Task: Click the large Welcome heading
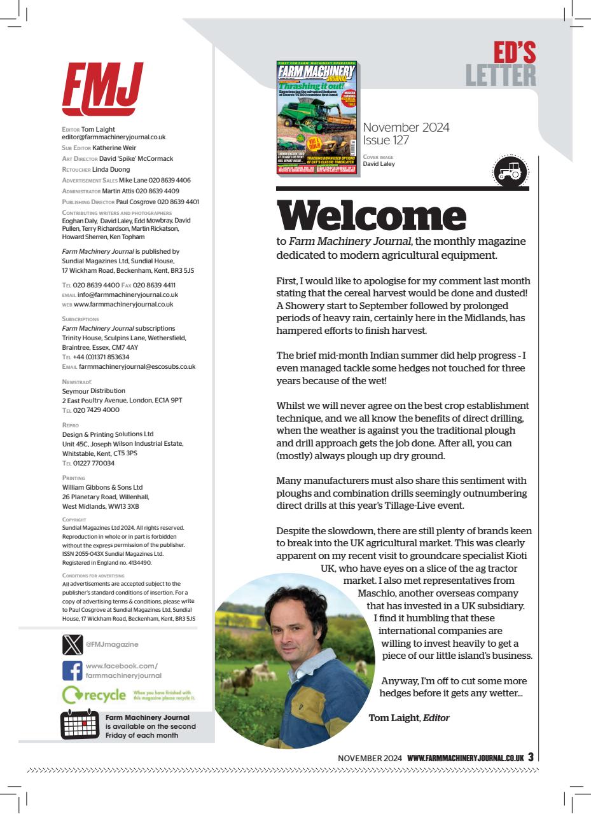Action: click(x=371, y=216)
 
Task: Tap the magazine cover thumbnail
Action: click(x=317, y=118)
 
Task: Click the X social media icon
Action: click(x=73, y=644)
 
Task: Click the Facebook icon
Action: click(x=73, y=670)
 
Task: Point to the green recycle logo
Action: click(x=94, y=695)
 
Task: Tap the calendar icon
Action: click(x=80, y=724)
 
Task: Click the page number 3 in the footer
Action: click(x=531, y=757)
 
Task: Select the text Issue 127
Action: click(x=386, y=141)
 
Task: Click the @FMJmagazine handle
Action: click(x=112, y=644)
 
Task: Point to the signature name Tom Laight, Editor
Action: click(x=409, y=718)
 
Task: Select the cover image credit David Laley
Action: click(x=379, y=163)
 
